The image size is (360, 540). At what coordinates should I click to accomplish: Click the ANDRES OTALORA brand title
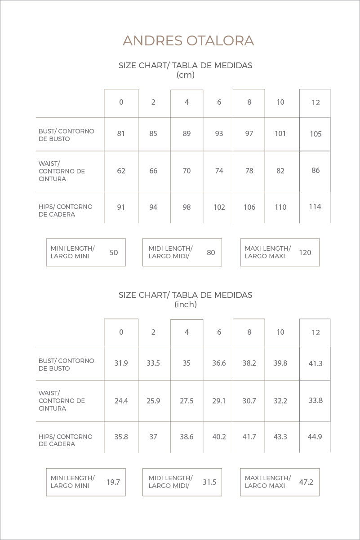pyautogui.click(x=188, y=41)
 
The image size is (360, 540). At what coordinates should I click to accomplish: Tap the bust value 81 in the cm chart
pyautogui.click(x=121, y=133)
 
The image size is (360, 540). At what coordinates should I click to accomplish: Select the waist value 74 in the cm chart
pyautogui.click(x=219, y=171)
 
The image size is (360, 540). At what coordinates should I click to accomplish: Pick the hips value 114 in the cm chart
pyautogui.click(x=315, y=207)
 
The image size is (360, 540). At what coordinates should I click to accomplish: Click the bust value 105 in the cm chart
pyautogui.click(x=316, y=134)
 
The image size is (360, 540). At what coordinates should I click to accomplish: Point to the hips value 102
pyautogui.click(x=219, y=207)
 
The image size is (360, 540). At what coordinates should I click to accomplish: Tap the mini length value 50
pyautogui.click(x=114, y=252)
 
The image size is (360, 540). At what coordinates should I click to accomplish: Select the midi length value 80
pyautogui.click(x=211, y=252)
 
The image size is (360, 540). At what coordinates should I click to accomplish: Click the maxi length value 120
pyautogui.click(x=305, y=252)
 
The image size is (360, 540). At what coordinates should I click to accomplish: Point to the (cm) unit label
pyautogui.click(x=186, y=75)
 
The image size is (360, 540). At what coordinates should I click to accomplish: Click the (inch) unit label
pyautogui.click(x=186, y=305)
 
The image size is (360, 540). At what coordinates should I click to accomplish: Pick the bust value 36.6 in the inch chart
pyautogui.click(x=219, y=363)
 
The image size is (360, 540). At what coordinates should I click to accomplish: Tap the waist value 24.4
pyautogui.click(x=121, y=400)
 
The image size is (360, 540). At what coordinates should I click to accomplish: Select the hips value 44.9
pyautogui.click(x=315, y=436)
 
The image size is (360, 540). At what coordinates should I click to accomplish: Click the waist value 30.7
pyautogui.click(x=249, y=400)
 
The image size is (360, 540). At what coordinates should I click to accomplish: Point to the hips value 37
pyautogui.click(x=153, y=437)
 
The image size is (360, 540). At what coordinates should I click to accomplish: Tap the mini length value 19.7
pyautogui.click(x=113, y=482)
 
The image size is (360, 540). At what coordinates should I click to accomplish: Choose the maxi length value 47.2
pyautogui.click(x=306, y=482)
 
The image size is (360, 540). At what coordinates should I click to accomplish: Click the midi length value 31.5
pyautogui.click(x=209, y=482)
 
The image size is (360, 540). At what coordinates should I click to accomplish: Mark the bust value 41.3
pyautogui.click(x=316, y=363)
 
